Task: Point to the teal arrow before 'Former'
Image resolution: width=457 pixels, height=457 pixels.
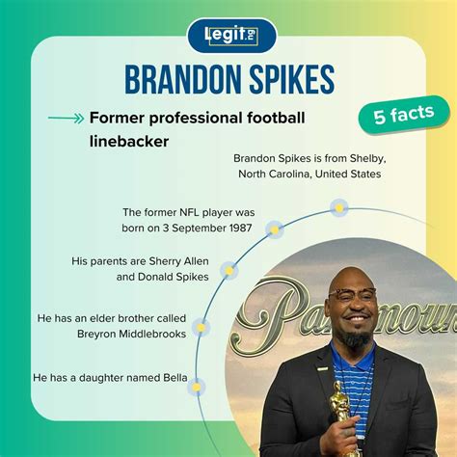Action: click(x=65, y=119)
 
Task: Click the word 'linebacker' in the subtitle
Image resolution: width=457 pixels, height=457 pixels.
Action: click(x=126, y=141)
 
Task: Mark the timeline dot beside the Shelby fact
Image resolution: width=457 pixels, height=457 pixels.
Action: click(x=337, y=206)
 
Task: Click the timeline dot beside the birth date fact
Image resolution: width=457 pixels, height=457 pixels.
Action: click(x=275, y=229)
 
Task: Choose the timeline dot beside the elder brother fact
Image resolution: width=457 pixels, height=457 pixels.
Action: click(x=201, y=328)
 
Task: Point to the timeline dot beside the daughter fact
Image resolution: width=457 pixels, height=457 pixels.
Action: click(x=197, y=387)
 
